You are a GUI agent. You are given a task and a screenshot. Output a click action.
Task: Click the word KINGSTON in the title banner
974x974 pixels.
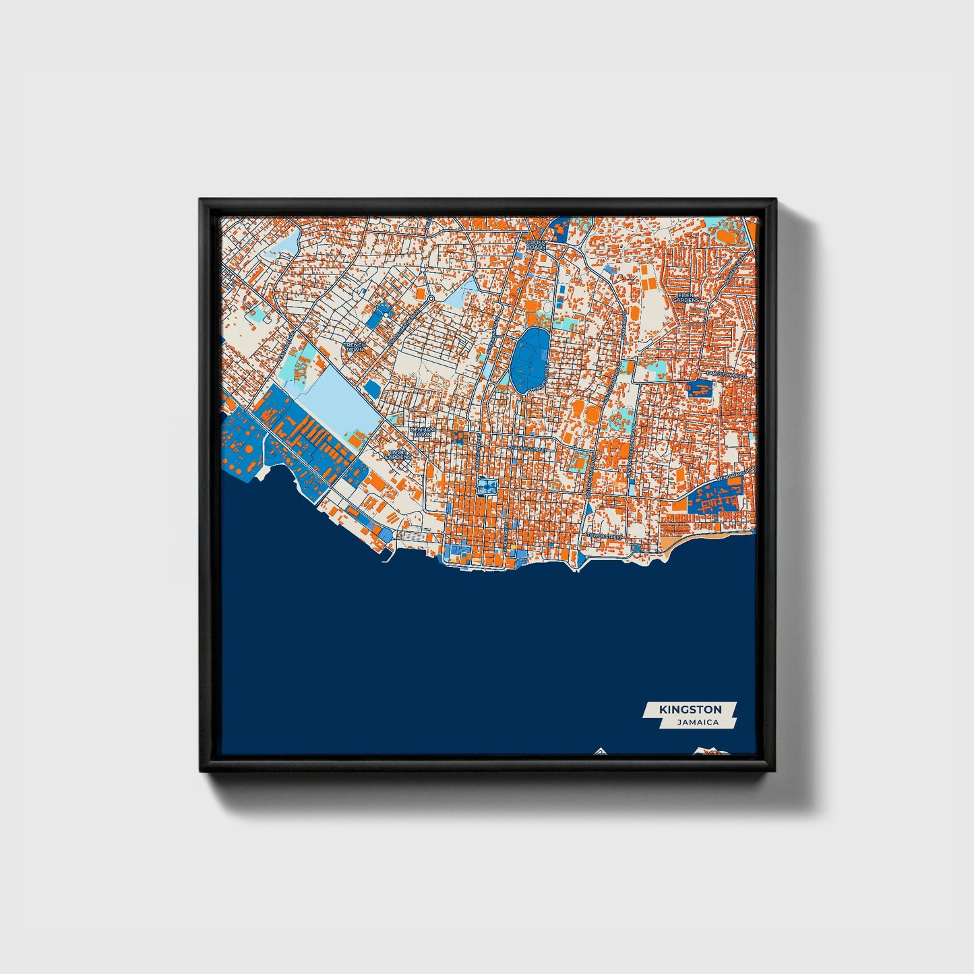click(x=690, y=709)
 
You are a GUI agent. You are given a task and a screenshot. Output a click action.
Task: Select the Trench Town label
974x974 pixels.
click(x=354, y=346)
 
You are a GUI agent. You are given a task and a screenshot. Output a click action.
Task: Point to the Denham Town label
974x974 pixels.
click(x=423, y=432)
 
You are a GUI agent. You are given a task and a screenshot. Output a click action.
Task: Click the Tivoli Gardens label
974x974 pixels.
click(x=398, y=455)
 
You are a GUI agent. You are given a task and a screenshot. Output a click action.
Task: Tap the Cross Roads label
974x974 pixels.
click(x=536, y=245)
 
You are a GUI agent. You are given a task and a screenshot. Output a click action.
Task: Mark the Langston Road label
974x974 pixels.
click(x=727, y=374)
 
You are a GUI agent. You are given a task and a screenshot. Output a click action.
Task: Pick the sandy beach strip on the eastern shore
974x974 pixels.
click(x=701, y=540)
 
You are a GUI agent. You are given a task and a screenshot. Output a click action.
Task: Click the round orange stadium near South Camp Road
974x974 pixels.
click(x=591, y=413)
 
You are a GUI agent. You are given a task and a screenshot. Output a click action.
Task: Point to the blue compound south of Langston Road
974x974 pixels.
click(x=698, y=388)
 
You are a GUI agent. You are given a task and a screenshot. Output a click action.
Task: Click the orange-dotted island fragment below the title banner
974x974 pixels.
click(x=708, y=750)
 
